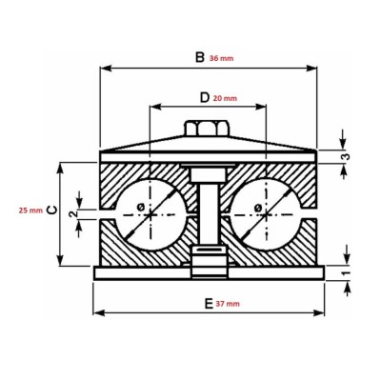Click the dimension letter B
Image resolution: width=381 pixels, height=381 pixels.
click(199, 57)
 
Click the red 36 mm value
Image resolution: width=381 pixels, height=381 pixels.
click(220, 58)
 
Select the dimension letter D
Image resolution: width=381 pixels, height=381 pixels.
click(204, 97)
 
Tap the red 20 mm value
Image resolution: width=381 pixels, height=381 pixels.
click(225, 97)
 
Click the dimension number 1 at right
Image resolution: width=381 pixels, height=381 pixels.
click(347, 272)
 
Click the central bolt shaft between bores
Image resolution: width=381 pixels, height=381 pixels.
click(206, 214)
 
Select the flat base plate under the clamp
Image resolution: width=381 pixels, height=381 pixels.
click(209, 272)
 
